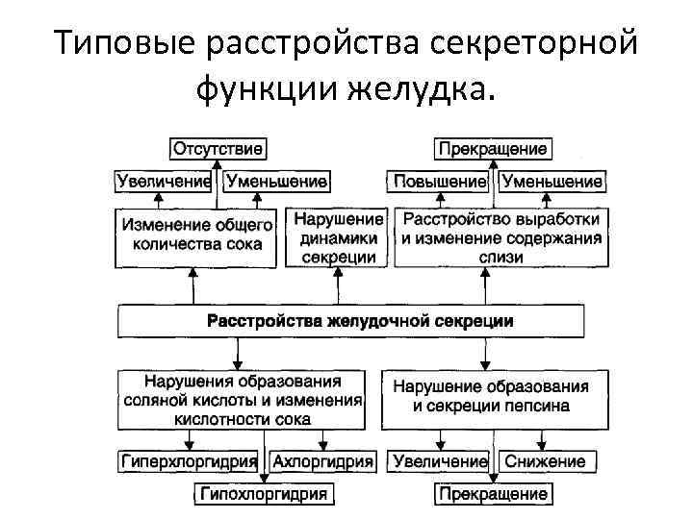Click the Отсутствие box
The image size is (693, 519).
click(x=218, y=149)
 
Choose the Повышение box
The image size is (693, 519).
click(x=440, y=181)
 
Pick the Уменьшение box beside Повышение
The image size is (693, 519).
click(x=552, y=181)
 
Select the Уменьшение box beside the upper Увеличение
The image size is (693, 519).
click(x=276, y=181)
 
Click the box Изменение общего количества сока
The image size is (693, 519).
click(x=197, y=235)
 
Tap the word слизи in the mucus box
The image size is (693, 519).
click(x=500, y=257)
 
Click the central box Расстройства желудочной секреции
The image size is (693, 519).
click(x=350, y=321)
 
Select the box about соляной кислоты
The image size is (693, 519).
click(x=243, y=399)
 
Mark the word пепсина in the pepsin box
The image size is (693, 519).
click(x=535, y=406)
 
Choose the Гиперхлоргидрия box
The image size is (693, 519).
click(x=190, y=461)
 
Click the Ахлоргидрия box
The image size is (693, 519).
click(x=322, y=461)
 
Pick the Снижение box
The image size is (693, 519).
click(x=544, y=461)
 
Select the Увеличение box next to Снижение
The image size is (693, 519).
click(x=440, y=461)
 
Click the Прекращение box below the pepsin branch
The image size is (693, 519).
click(x=493, y=495)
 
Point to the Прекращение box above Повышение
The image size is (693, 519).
click(x=493, y=149)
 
